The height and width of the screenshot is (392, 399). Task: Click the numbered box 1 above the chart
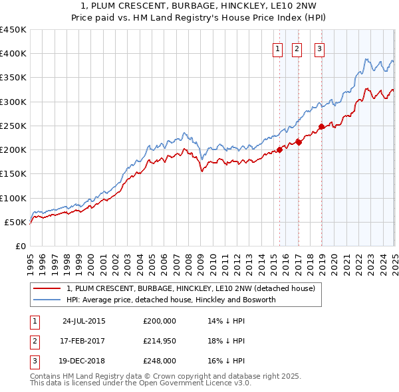pyautogui.click(x=277, y=48)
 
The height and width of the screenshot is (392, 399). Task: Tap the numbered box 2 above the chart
pyautogui.click(x=296, y=48)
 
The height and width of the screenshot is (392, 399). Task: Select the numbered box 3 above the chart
pyautogui.click(x=319, y=48)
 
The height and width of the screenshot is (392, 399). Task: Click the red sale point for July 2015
pyautogui.click(x=280, y=149)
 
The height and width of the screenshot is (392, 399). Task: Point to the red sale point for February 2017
pyautogui.click(x=299, y=142)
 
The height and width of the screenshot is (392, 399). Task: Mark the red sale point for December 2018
pyautogui.click(x=321, y=126)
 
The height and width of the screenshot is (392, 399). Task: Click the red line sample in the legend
pyautogui.click(x=47, y=289)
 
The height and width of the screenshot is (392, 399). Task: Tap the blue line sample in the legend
pyautogui.click(x=47, y=300)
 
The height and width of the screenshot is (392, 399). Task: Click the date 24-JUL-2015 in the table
pyautogui.click(x=84, y=320)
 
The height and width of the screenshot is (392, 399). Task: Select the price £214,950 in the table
pyautogui.click(x=160, y=341)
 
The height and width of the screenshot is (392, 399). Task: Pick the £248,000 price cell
pyautogui.click(x=160, y=361)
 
